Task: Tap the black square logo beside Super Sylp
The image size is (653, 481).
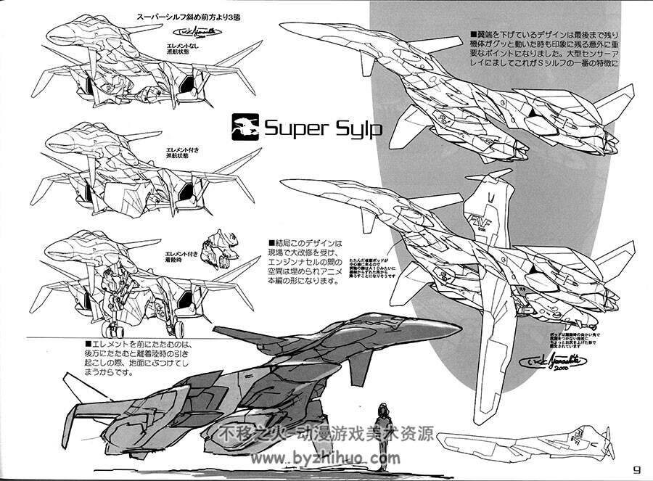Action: pyautogui.click(x=245, y=128)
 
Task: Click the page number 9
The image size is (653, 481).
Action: pyautogui.click(x=636, y=468)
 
